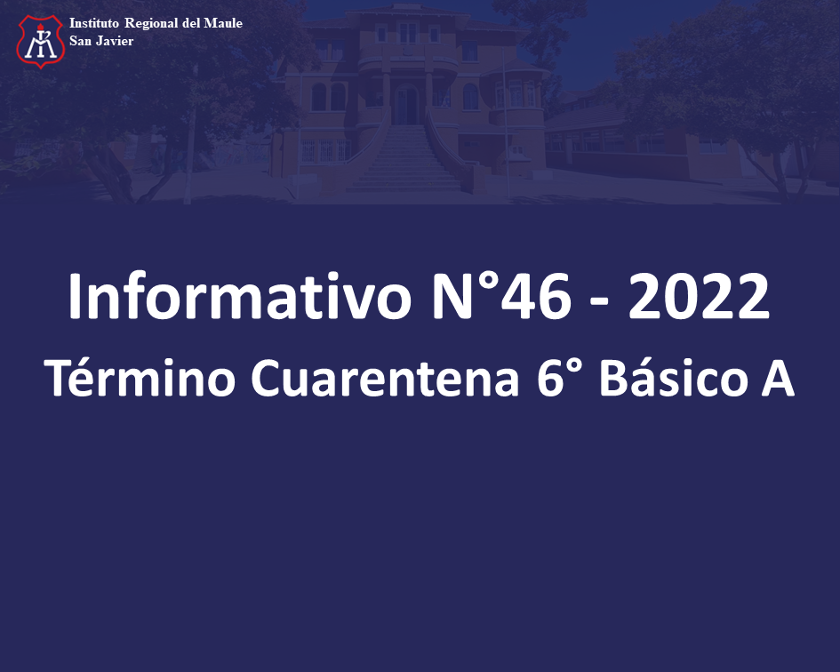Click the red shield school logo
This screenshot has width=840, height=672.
pyautogui.click(x=41, y=41)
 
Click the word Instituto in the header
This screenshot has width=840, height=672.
pyautogui.click(x=93, y=23)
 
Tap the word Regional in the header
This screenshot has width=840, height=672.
pyautogui.click(x=151, y=24)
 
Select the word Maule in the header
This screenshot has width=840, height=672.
pyautogui.click(x=223, y=23)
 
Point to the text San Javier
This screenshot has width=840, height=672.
pyautogui.click(x=101, y=41)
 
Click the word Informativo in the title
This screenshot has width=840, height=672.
pyautogui.click(x=239, y=296)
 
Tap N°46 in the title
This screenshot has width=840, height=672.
pyautogui.click(x=502, y=296)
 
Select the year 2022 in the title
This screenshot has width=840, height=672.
pyautogui.click(x=699, y=296)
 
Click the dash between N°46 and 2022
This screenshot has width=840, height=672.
pyautogui.click(x=599, y=303)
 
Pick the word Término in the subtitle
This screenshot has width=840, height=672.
pyautogui.click(x=140, y=377)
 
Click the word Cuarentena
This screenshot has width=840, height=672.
pyautogui.click(x=385, y=378)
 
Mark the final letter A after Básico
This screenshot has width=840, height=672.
pyautogui.click(x=777, y=378)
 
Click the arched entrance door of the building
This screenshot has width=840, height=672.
pyautogui.click(x=406, y=105)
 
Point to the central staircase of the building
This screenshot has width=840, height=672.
pyautogui.click(x=404, y=158)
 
